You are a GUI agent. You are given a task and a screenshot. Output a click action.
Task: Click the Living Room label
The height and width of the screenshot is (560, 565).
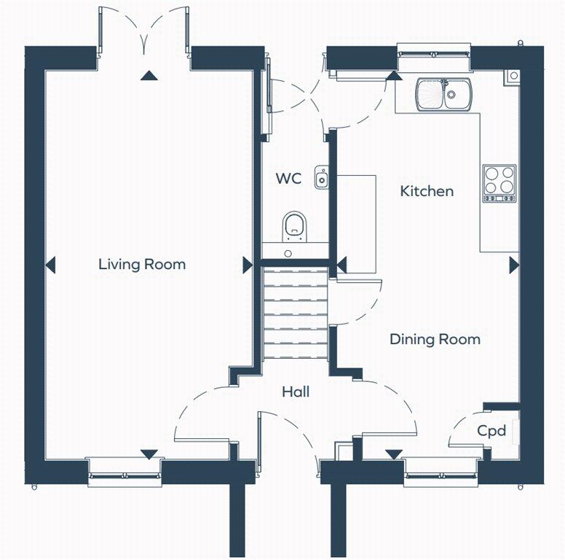[x=142, y=264]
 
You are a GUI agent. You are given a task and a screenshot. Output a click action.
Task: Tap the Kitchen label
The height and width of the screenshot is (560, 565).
[x=427, y=191]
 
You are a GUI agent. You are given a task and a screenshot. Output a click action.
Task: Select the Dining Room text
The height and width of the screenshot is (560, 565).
[x=435, y=339]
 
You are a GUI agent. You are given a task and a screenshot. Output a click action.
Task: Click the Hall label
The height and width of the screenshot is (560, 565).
[x=296, y=392]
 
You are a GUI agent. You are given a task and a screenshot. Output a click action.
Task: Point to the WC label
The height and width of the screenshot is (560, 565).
[x=288, y=179]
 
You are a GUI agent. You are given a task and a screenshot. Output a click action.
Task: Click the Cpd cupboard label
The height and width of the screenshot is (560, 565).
[x=491, y=431]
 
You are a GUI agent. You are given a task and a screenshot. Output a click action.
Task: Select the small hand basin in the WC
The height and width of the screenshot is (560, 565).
[x=322, y=177]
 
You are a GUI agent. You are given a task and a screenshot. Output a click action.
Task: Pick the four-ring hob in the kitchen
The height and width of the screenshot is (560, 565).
[x=499, y=182]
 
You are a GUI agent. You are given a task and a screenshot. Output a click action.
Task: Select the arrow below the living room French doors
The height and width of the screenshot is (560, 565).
[x=149, y=75]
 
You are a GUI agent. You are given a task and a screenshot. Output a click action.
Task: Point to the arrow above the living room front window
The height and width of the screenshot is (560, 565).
[x=149, y=454]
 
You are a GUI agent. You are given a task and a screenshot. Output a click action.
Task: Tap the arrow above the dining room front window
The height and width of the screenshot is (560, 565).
[x=393, y=454]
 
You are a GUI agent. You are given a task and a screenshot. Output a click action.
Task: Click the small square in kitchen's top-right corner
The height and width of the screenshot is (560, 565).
[x=513, y=75]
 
